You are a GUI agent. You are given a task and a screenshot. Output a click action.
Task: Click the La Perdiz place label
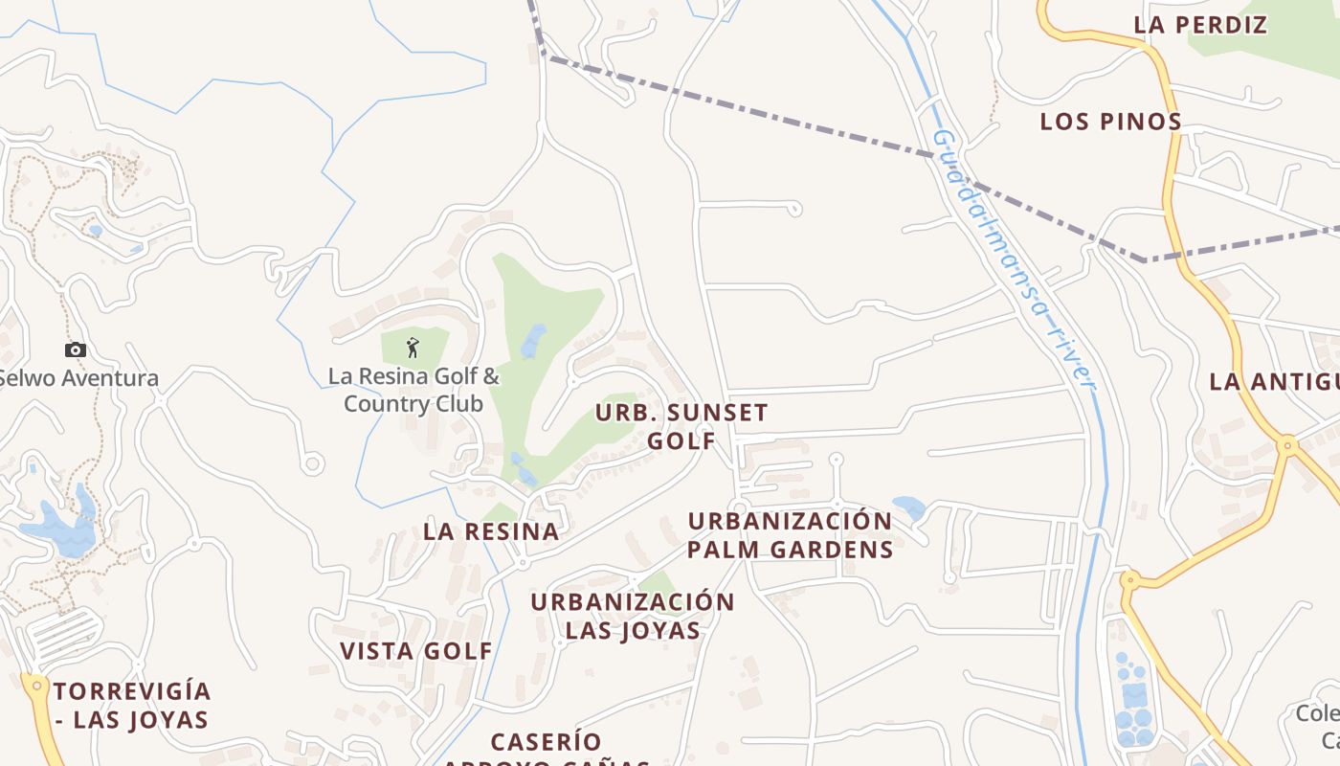[x=1200, y=26]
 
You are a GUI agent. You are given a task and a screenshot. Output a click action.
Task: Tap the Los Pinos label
[x=1110, y=123]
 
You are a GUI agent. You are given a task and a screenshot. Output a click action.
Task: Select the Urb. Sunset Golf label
[x=681, y=426]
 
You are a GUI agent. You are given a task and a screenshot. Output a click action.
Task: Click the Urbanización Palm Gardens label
[x=790, y=535]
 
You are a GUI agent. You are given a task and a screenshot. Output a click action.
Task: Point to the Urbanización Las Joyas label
[x=632, y=616]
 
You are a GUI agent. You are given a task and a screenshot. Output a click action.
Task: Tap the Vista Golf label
[x=416, y=651]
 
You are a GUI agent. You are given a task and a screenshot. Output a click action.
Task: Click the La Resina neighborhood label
[x=490, y=531]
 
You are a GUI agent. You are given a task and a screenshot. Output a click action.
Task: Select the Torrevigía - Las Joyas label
[x=131, y=705]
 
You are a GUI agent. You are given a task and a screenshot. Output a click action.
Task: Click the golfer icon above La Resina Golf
[x=413, y=347]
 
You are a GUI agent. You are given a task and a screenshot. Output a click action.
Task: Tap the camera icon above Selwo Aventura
[x=76, y=350]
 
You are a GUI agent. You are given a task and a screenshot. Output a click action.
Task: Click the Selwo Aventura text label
[x=78, y=378]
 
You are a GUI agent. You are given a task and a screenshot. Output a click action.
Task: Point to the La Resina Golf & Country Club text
[x=413, y=390]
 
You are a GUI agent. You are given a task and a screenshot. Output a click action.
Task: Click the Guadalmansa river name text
[x=1014, y=259]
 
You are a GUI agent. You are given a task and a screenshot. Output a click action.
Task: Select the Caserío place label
[x=546, y=742]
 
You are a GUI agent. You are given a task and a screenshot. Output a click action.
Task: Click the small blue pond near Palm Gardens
[x=908, y=507]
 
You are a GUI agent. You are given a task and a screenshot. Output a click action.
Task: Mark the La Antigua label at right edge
[x=1273, y=382]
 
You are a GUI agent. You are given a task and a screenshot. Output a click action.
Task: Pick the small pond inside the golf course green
[x=533, y=340]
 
